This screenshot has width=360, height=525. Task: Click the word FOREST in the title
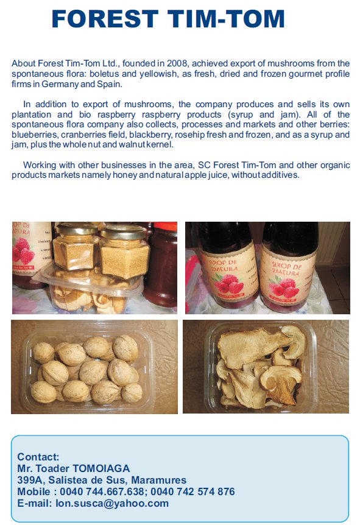[x=105, y=19]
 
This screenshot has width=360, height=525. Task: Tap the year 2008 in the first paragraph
[x=178, y=63]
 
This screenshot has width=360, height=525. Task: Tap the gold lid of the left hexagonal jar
[x=77, y=229]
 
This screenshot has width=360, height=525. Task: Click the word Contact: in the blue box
[x=38, y=457]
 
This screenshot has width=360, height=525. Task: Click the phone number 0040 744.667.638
[x=102, y=492]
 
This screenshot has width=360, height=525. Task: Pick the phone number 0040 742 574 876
[x=192, y=492]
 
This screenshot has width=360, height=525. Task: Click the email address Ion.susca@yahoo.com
[x=112, y=503]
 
